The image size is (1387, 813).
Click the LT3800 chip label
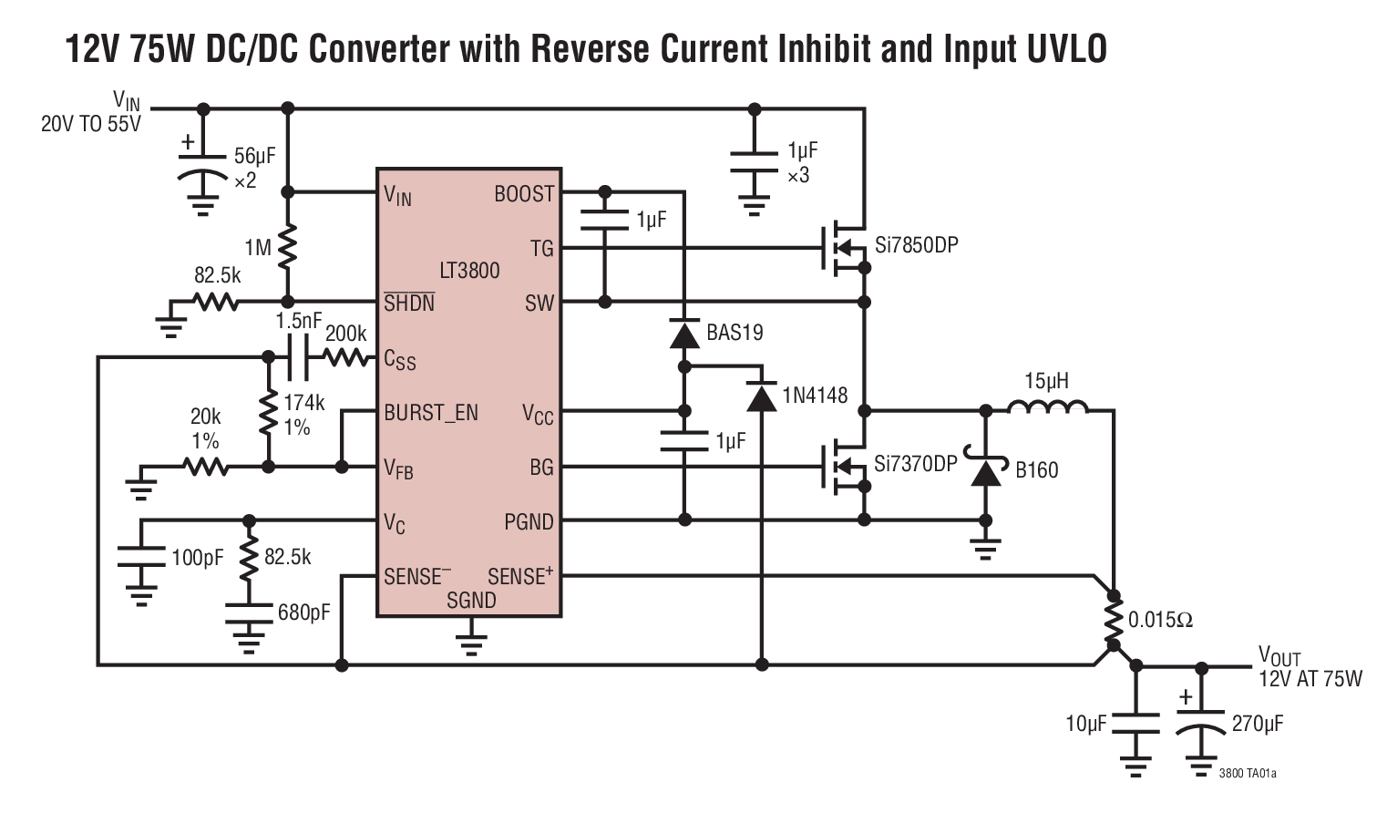pos(469,271)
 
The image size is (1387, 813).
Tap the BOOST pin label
pos(524,194)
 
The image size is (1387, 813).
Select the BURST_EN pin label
pos(430,413)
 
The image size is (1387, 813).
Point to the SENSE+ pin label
pos(520,576)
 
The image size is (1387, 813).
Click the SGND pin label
pos(471,601)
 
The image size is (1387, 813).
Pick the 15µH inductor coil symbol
pos(1047,406)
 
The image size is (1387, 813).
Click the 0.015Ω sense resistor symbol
pos(1113,620)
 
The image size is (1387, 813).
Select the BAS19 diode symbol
pos(684,334)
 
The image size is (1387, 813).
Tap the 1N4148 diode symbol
pos(762,396)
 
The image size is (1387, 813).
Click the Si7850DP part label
pos(916,245)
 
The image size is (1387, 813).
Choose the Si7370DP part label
pos(916,464)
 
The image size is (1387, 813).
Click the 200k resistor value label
pos(345,334)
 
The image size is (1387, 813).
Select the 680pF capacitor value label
pos(304,612)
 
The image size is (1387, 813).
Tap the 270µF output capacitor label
pos(1258,724)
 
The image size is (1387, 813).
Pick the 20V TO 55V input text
pos(91,124)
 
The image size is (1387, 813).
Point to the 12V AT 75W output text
pos(1310,678)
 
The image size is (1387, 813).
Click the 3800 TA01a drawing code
pos(1247,774)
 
